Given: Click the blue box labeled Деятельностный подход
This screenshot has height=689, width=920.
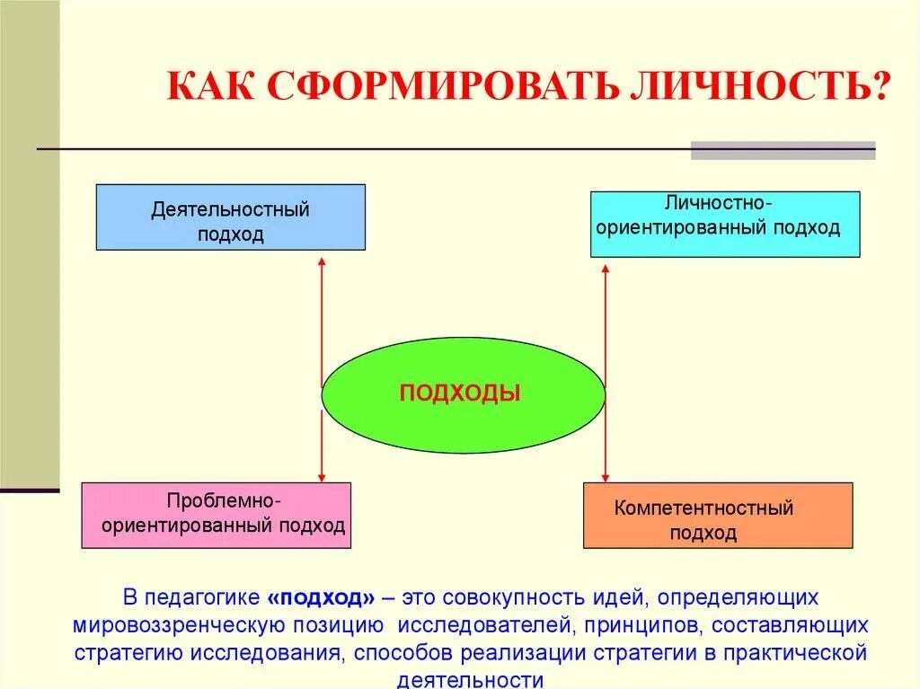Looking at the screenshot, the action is pos(230,216).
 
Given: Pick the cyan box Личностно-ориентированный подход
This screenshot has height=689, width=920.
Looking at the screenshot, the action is pos(724,224).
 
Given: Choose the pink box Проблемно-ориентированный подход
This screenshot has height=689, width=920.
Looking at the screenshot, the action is pos(216,515).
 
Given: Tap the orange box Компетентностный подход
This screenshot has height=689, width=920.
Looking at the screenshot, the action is pos(717,515).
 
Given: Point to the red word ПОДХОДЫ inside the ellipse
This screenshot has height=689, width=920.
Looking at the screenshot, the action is pos(460,393).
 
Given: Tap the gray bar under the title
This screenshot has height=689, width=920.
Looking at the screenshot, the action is pos(783,150).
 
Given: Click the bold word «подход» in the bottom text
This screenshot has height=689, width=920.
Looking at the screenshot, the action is pos(321,597).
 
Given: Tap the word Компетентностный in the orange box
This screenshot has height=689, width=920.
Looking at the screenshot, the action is pos(703,508).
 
